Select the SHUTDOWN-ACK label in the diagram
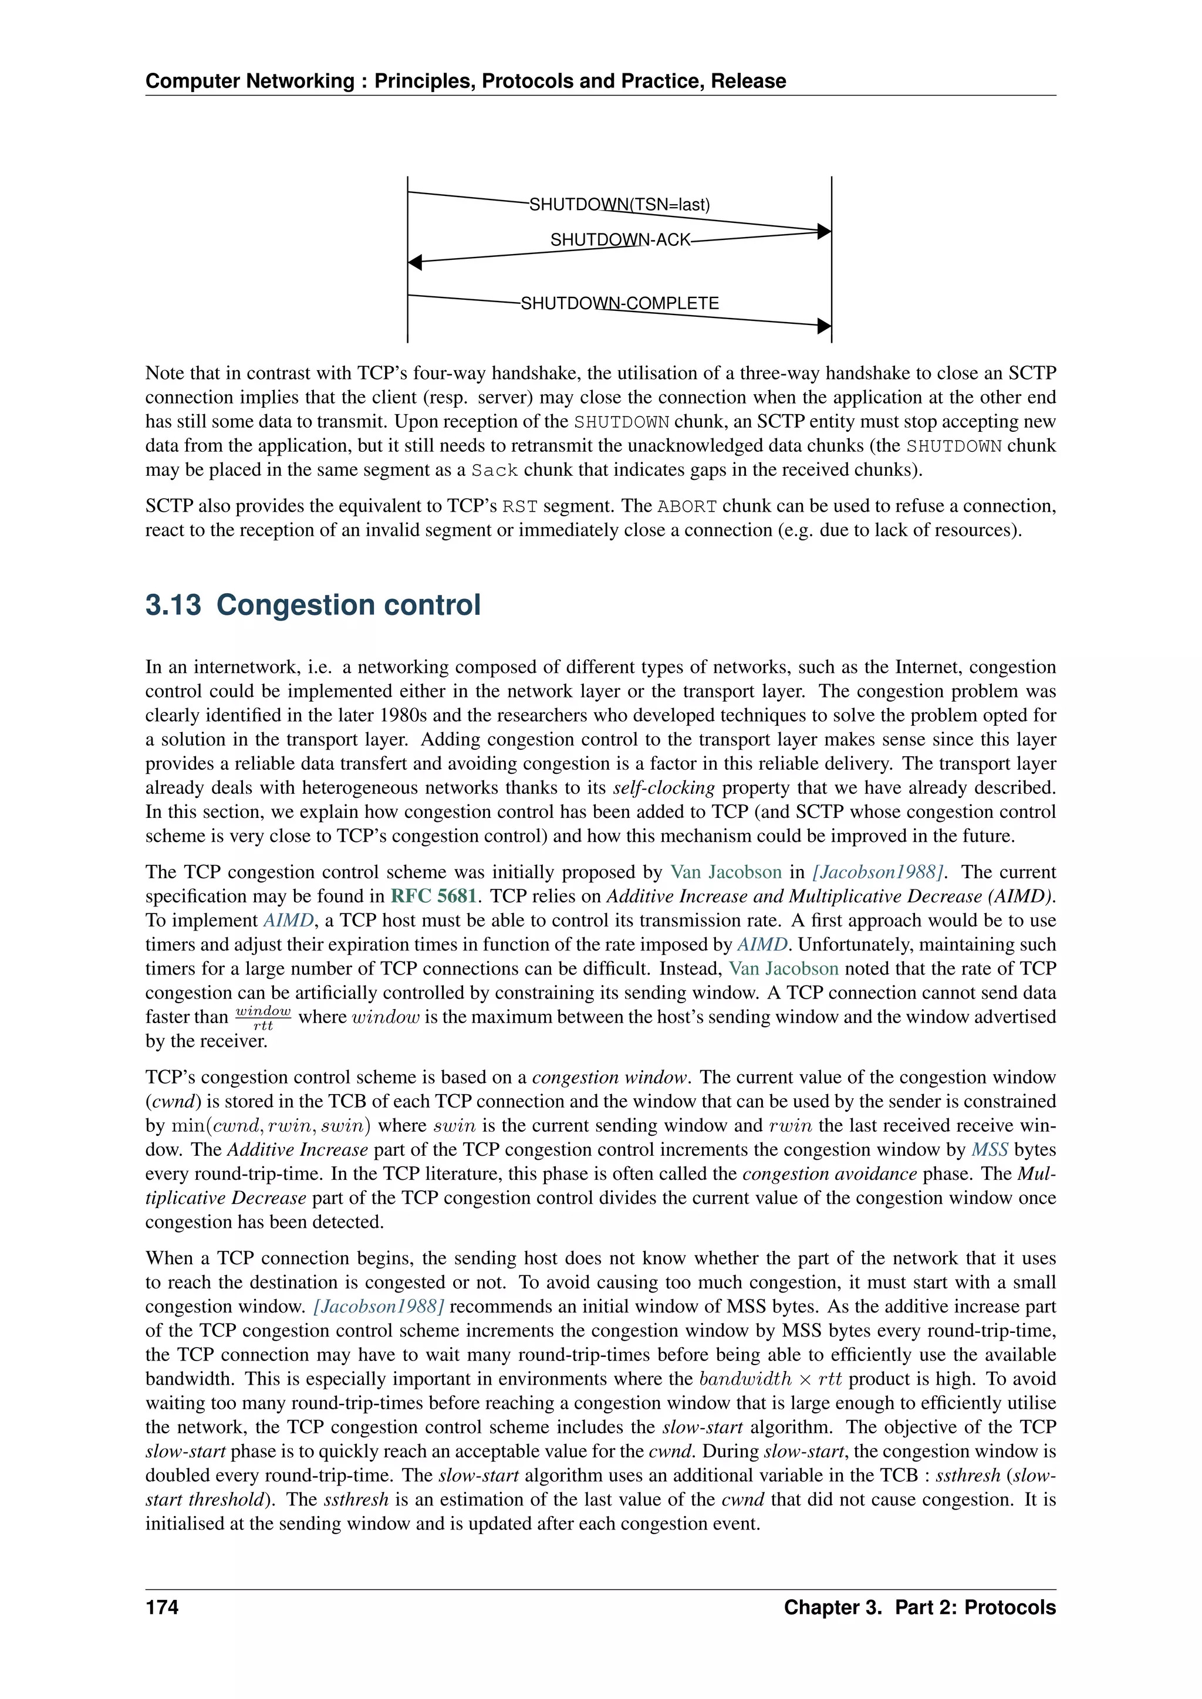[x=620, y=240]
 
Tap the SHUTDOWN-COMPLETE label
[x=620, y=303]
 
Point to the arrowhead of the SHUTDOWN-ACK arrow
[x=414, y=262]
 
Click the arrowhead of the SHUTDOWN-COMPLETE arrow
[x=824, y=326]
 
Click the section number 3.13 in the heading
[x=173, y=605]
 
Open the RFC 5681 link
[x=433, y=896]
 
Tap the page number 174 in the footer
[x=161, y=1607]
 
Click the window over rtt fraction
[x=263, y=1017]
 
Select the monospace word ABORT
[x=687, y=507]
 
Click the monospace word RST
[x=519, y=507]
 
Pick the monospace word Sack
[x=494, y=471]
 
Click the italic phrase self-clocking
[x=663, y=788]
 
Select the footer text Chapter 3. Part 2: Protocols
[x=919, y=1607]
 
